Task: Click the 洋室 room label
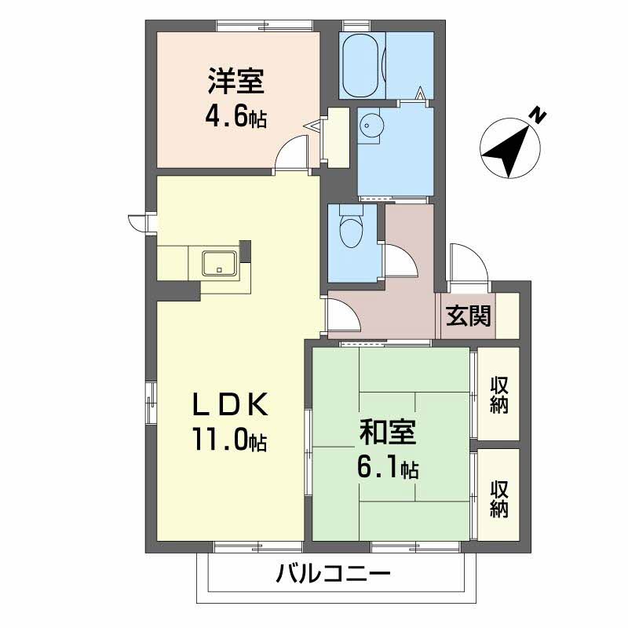[x=235, y=81]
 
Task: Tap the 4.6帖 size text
[x=235, y=117]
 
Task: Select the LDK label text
[x=232, y=405]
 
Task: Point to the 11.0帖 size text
[x=229, y=440]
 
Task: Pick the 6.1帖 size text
[x=386, y=469]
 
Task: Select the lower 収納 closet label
[x=499, y=498]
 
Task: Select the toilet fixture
[x=349, y=232]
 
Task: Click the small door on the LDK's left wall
[x=139, y=222]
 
